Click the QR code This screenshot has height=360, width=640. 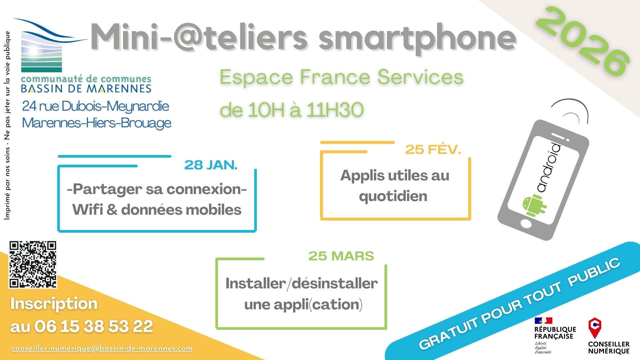point(33,264)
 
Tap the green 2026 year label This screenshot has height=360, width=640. point(583,42)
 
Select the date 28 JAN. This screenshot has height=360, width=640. point(211,165)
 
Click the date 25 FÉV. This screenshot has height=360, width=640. point(433,150)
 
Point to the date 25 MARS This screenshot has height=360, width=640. point(341,256)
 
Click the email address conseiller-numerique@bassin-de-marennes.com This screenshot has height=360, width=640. point(102,348)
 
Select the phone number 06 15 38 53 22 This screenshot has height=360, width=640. point(94,326)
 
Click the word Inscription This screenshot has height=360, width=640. point(54,304)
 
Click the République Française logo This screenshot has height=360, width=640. point(555,335)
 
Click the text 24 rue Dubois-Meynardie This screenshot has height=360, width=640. point(96,106)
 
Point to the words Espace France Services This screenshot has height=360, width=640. point(342,77)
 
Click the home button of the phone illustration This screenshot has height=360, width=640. point(526,224)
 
